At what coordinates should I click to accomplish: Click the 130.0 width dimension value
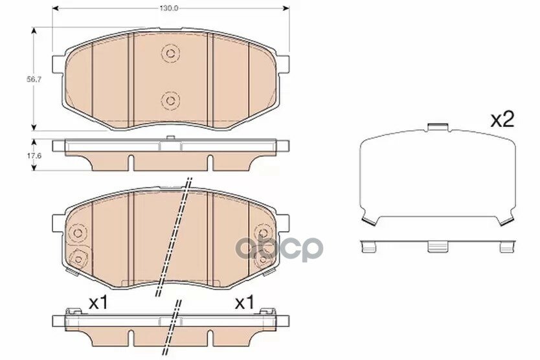pyautogui.click(x=169, y=8)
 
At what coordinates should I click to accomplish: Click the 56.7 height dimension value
pyautogui.click(x=34, y=79)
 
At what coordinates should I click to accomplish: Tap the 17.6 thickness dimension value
pyautogui.click(x=34, y=155)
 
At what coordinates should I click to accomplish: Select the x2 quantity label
pyautogui.click(x=502, y=120)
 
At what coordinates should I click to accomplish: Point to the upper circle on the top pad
pyautogui.click(x=170, y=53)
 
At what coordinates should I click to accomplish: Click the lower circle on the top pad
pyautogui.click(x=170, y=100)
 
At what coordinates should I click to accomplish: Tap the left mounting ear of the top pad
pyautogui.click(x=58, y=65)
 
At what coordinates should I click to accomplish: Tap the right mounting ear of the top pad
pyautogui.click(x=283, y=65)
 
